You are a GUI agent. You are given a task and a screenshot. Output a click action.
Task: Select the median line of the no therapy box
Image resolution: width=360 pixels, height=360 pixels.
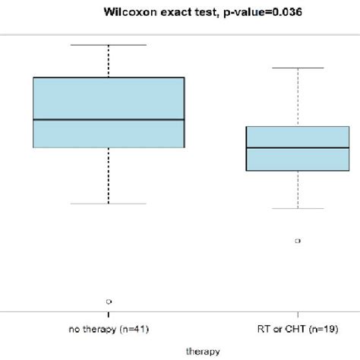(x=109, y=119)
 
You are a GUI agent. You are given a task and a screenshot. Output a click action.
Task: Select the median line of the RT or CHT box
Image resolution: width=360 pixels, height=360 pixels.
(x=297, y=147)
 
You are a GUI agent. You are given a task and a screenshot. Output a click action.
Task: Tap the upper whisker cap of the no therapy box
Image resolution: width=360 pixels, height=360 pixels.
(x=109, y=45)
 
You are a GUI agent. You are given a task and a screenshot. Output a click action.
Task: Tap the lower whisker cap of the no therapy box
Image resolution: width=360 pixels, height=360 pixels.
(x=109, y=204)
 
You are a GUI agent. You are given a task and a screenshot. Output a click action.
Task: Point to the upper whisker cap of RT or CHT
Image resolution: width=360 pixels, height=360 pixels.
(x=297, y=68)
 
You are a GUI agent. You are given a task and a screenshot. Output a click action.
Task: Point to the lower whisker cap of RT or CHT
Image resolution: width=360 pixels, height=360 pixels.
(x=297, y=208)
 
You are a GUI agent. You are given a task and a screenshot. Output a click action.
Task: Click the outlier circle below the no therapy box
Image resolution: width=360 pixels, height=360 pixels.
(x=109, y=302)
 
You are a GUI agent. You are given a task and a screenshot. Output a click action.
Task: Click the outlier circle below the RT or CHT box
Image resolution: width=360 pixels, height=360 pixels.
(x=297, y=241)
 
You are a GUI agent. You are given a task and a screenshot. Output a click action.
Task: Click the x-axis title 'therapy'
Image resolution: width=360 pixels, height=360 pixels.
(x=203, y=351)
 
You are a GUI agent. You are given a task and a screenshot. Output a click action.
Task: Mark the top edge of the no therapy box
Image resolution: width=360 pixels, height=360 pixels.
(x=109, y=77)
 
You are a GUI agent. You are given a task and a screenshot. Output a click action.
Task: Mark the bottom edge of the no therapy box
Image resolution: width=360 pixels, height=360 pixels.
(x=109, y=147)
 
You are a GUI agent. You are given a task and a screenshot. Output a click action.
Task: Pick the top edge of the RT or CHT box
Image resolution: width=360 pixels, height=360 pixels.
(x=297, y=127)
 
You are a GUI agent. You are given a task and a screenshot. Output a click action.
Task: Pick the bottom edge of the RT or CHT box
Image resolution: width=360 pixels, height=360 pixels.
(x=297, y=171)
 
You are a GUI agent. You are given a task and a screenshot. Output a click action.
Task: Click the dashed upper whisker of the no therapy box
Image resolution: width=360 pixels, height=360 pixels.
(x=109, y=61)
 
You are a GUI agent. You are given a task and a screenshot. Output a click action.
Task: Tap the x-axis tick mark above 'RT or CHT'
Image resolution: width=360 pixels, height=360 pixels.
(x=297, y=314)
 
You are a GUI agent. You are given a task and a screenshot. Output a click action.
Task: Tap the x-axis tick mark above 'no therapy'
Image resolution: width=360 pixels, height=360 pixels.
(x=109, y=314)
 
